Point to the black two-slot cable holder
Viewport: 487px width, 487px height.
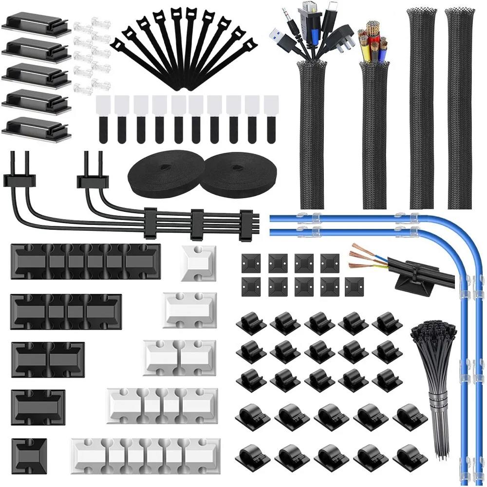pyautogui.click(x=48, y=355)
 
